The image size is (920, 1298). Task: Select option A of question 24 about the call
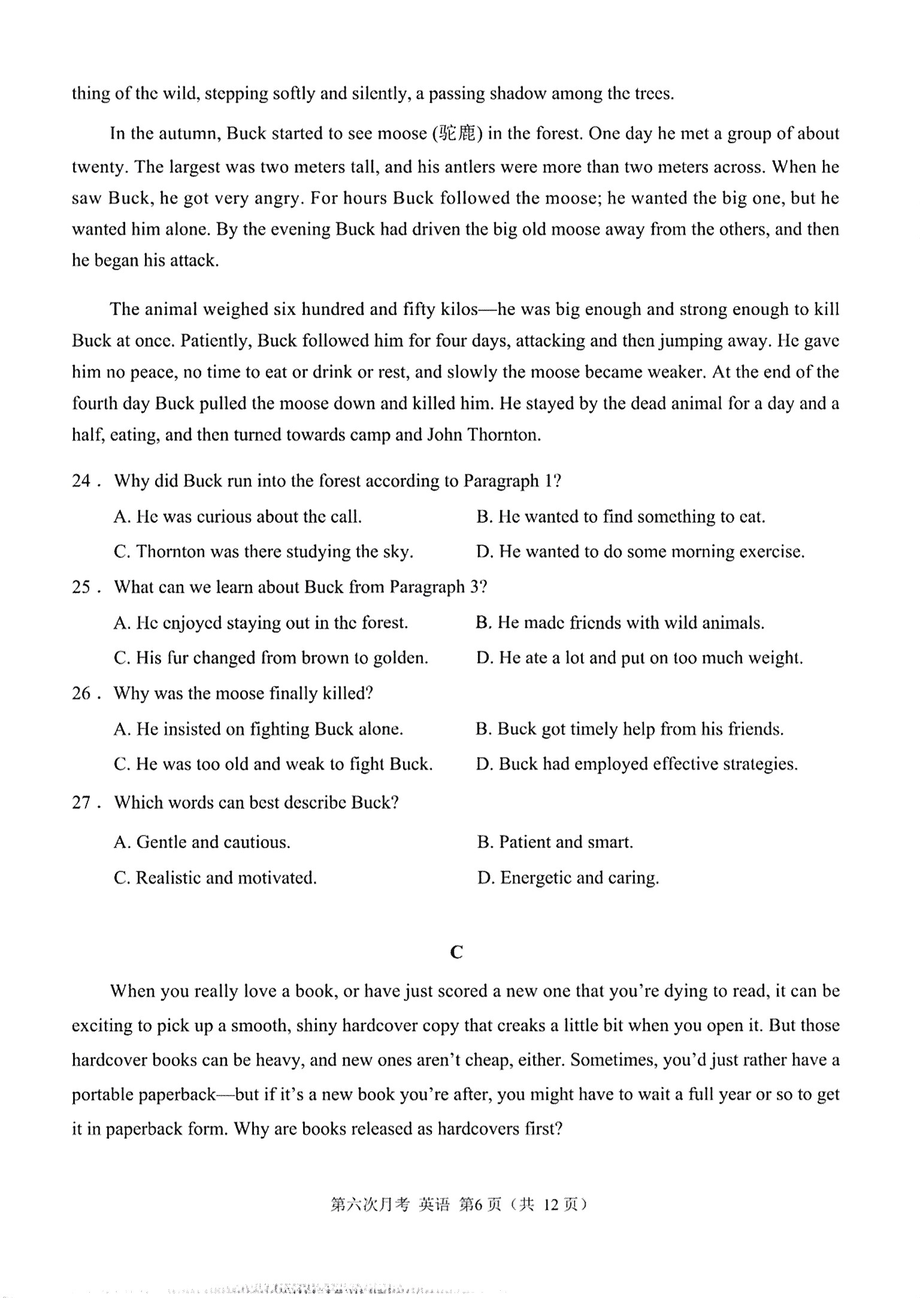click(237, 516)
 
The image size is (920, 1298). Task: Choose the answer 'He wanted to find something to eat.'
click(621, 516)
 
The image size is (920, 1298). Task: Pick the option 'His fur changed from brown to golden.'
click(271, 658)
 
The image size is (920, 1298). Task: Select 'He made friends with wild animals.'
click(620, 623)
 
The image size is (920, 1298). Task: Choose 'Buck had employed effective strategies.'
click(637, 764)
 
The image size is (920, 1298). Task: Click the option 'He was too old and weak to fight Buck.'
click(273, 764)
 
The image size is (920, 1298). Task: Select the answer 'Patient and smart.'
click(555, 842)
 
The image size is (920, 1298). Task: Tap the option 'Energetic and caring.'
click(568, 878)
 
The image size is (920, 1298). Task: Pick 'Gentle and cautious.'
click(202, 842)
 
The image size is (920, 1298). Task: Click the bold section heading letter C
click(456, 952)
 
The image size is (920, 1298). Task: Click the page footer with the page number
click(459, 1204)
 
